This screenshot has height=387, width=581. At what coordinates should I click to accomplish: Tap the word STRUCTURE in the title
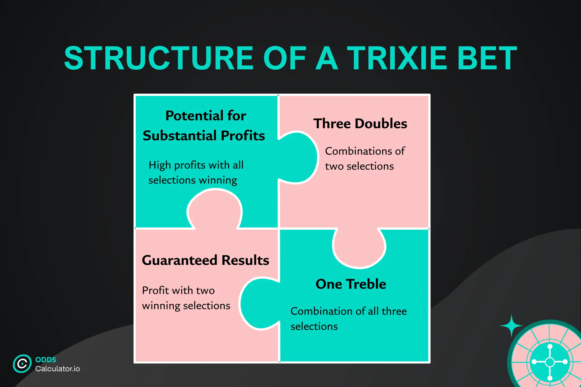click(x=159, y=58)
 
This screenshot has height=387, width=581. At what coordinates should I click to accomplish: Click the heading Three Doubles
click(x=360, y=124)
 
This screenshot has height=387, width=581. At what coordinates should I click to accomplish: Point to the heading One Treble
click(x=351, y=284)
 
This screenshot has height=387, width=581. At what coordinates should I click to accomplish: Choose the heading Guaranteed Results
click(x=205, y=260)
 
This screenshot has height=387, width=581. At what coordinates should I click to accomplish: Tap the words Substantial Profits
click(x=204, y=136)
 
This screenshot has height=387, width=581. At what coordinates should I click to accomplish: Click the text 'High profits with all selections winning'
click(x=196, y=172)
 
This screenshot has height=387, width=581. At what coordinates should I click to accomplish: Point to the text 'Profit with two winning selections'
click(x=186, y=298)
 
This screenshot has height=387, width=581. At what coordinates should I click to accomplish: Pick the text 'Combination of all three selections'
click(x=348, y=319)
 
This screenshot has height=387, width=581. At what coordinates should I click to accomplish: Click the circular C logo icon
click(x=22, y=363)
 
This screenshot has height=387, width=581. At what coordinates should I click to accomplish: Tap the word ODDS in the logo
click(x=46, y=359)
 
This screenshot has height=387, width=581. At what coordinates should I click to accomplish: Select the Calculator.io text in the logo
click(x=58, y=369)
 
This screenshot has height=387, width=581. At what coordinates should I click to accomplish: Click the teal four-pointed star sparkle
click(x=511, y=326)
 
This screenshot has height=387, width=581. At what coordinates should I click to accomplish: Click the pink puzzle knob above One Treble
click(x=359, y=248)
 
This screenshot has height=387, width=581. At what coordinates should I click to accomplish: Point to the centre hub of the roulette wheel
click(x=550, y=362)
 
